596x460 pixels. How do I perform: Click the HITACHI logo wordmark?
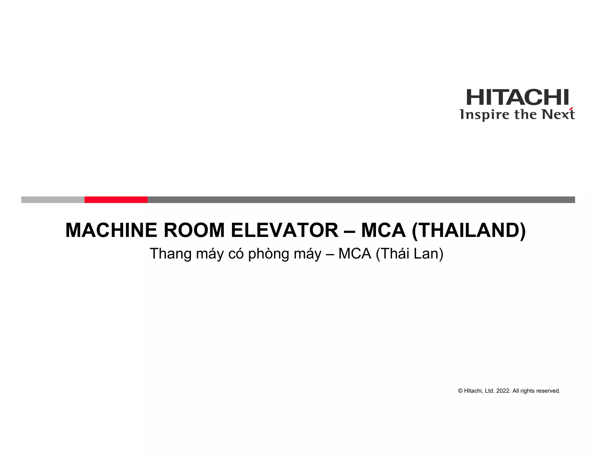tap(517, 97)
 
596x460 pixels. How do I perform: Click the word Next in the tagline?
tap(558, 115)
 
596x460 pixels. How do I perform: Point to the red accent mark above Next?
tap(572, 110)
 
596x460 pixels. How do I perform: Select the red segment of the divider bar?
tap(116, 200)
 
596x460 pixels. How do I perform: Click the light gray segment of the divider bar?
tap(53, 200)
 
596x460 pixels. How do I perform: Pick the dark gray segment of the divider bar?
tap(361, 200)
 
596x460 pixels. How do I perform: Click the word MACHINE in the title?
tap(112, 230)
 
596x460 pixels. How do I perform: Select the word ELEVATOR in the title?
tap(284, 230)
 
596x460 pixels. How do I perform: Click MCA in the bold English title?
tap(383, 230)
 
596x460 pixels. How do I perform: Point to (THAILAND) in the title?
tap(469, 230)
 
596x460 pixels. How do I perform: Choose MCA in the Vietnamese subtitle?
tap(355, 254)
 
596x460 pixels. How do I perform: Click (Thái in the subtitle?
tap(392, 254)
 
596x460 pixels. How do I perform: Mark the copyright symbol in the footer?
tap(460, 391)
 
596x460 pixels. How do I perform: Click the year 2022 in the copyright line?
tap(503, 391)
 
